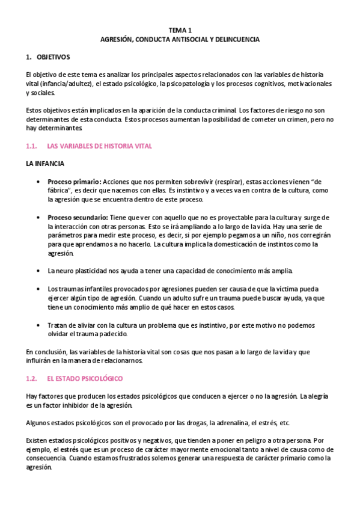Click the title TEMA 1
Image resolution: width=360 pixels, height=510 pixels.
click(x=180, y=29)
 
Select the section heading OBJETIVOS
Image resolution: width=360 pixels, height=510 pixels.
click(x=53, y=57)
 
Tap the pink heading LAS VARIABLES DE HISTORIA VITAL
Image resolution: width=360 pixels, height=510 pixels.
click(x=99, y=146)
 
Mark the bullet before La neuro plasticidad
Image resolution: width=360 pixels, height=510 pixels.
click(x=39, y=271)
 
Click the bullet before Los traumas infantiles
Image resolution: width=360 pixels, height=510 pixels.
click(x=39, y=289)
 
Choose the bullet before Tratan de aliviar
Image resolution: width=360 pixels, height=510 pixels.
click(x=39, y=325)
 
